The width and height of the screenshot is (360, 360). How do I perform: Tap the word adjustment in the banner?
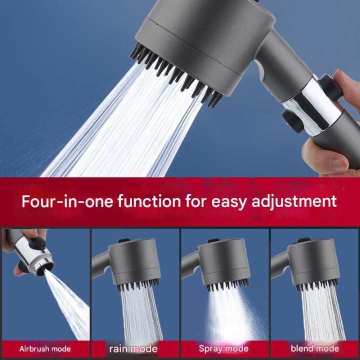tap(294, 202)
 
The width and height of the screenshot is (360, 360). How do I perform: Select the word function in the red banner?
tap(149, 201)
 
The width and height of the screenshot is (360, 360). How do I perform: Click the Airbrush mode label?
tap(45, 349)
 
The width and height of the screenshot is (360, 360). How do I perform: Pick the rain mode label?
tap(133, 349)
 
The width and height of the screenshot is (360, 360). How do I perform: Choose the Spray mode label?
tap(223, 349)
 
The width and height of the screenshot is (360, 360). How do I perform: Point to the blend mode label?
tap(315, 348)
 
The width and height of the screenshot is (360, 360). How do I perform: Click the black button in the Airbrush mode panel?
tap(37, 243)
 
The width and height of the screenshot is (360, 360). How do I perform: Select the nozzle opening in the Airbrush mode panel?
tap(42, 270)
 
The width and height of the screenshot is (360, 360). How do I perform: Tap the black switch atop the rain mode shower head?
tap(124, 240)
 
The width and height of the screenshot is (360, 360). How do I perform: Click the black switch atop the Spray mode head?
tap(213, 240)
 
